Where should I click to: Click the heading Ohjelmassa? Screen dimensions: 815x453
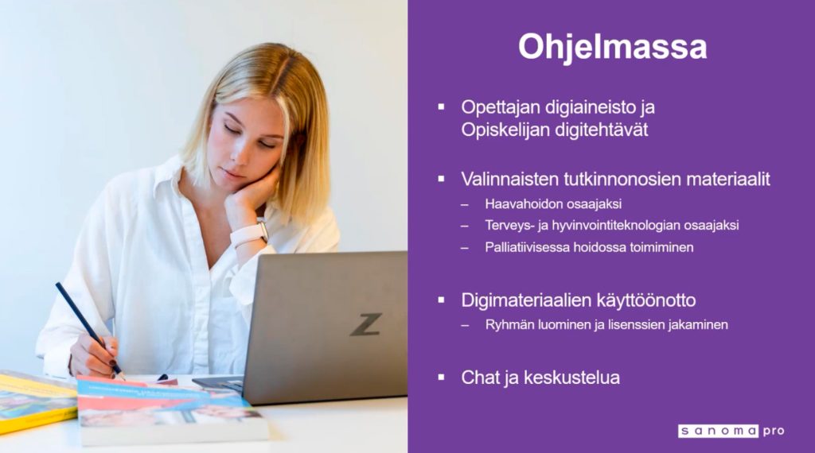(x=612, y=48)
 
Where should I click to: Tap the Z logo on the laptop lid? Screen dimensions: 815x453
(x=366, y=324)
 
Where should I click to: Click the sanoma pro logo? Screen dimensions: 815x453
(x=731, y=431)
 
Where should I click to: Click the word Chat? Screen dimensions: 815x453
(x=481, y=377)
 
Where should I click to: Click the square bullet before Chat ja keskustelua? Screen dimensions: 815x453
(x=441, y=377)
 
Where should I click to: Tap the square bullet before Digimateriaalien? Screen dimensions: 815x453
(x=441, y=300)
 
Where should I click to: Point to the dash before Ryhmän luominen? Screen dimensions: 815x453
(x=465, y=325)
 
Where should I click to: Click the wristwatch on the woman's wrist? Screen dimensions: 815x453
(x=250, y=233)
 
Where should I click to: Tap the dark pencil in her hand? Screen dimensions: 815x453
(x=90, y=331)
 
